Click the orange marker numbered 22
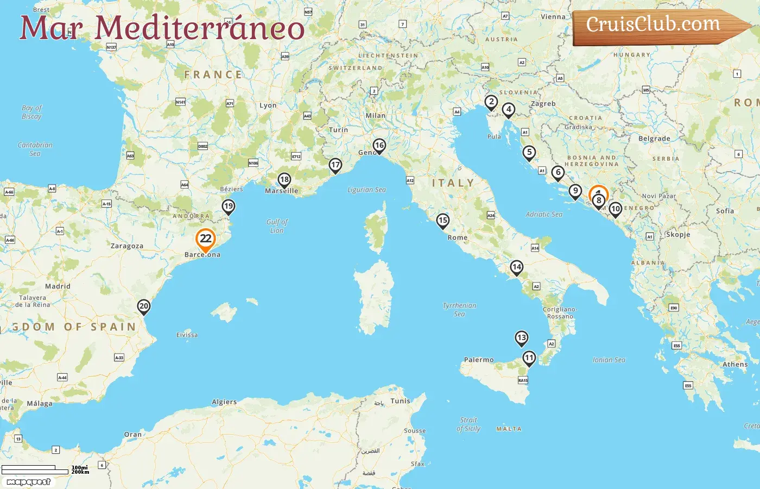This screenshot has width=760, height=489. point(206,239)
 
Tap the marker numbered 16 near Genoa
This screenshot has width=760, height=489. point(379,146)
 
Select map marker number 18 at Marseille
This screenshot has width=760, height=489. point(284,180)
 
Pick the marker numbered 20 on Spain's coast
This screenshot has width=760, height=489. point(143,306)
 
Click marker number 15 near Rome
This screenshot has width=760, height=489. point(443,221)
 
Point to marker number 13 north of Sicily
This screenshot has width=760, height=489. point(521,338)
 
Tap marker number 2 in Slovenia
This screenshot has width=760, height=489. point(491,102)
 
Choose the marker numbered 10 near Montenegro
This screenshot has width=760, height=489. point(615,209)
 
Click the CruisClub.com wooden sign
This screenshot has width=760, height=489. point(657,26)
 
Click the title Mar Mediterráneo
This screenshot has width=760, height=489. point(162,28)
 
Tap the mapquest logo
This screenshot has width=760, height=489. point(28,482)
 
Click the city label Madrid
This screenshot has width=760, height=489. point(58,286)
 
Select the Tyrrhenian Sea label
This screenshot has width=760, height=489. point(459,310)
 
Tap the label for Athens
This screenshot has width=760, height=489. point(735,365)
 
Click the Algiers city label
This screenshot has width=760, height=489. point(224,402)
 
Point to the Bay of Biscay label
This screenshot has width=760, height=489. point(31,112)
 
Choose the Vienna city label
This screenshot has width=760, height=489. point(553,17)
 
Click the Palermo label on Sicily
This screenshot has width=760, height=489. point(479,360)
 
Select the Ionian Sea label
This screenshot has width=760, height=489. point(609,360)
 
